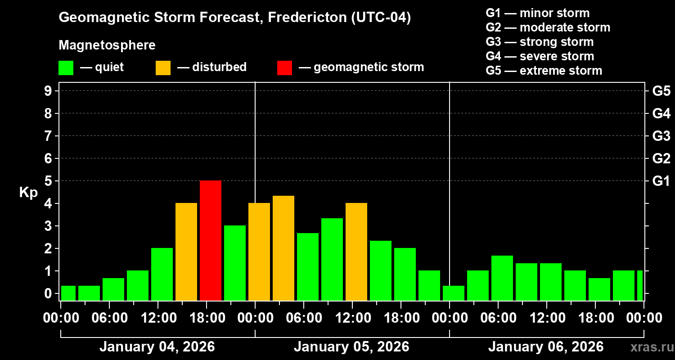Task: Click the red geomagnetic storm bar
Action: [x=211, y=240]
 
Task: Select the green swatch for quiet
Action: [x=66, y=67]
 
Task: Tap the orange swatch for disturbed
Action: [x=163, y=67]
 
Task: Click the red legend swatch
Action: [x=284, y=67]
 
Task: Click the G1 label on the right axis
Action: [x=661, y=181]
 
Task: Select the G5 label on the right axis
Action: [x=661, y=91]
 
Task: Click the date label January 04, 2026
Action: [x=157, y=347]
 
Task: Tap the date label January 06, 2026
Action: [x=546, y=347]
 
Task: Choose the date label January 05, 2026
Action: [x=351, y=347]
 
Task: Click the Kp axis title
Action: [x=28, y=193]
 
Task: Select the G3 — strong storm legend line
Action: [x=540, y=42]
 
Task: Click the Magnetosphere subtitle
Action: [x=107, y=45]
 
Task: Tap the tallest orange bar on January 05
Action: [x=283, y=248]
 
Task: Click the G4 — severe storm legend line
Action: [x=540, y=56]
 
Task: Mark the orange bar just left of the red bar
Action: [x=186, y=252]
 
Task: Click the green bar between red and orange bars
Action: [x=235, y=263]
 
